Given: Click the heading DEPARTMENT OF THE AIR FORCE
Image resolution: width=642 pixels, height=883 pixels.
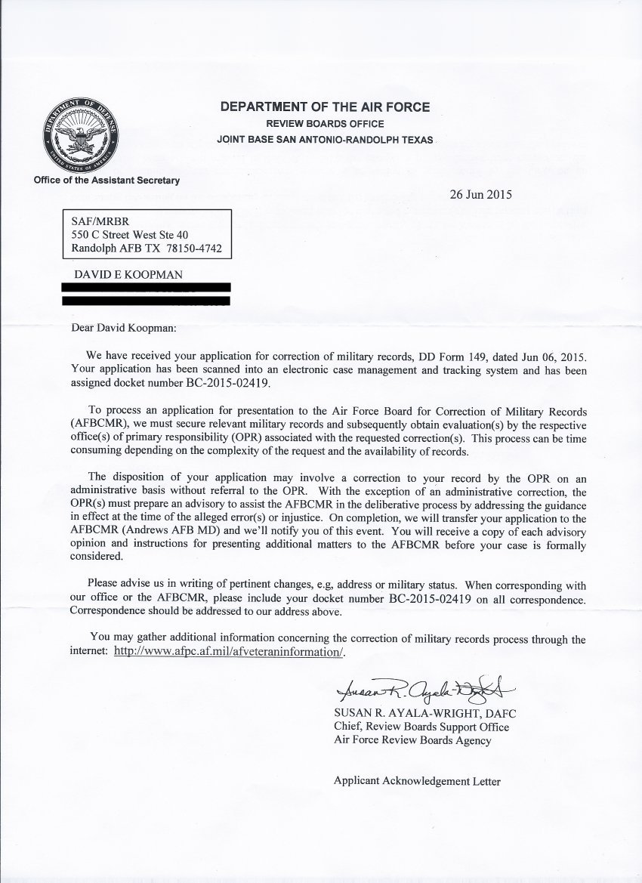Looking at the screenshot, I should (x=325, y=107).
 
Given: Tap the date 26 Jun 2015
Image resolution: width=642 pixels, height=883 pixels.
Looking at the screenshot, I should (x=479, y=193).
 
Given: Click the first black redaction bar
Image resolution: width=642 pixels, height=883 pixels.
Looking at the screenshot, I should (x=145, y=287).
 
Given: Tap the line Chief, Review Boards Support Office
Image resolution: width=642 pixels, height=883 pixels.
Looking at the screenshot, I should (x=421, y=727).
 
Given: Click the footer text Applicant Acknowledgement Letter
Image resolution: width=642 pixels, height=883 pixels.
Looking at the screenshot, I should (x=417, y=782).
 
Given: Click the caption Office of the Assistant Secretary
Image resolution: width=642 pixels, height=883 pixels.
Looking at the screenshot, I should (x=106, y=180).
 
